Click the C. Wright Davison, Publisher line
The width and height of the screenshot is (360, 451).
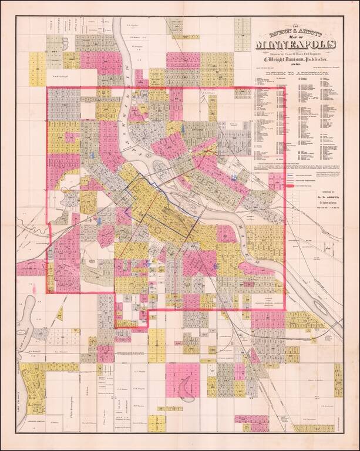[x=297, y=60]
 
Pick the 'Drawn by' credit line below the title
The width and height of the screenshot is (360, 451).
[x=297, y=53]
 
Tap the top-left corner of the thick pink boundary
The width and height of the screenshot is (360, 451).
[x=47, y=89]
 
